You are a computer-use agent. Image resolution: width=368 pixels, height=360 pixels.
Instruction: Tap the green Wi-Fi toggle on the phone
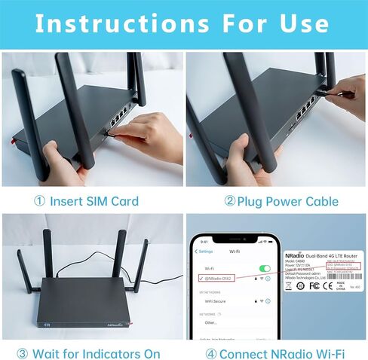point(265,268)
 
